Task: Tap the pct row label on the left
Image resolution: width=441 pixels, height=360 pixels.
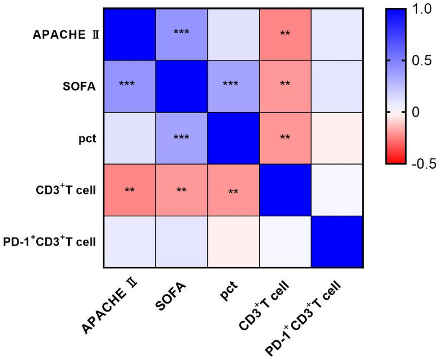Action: tap(87, 138)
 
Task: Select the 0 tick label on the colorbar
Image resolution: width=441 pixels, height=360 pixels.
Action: tap(416, 112)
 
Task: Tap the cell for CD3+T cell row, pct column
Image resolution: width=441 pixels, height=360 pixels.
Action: tap(233, 190)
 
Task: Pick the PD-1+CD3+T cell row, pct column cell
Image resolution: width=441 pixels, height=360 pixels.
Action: tap(233, 242)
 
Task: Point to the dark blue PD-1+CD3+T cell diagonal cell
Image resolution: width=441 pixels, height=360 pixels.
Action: tap(337, 242)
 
